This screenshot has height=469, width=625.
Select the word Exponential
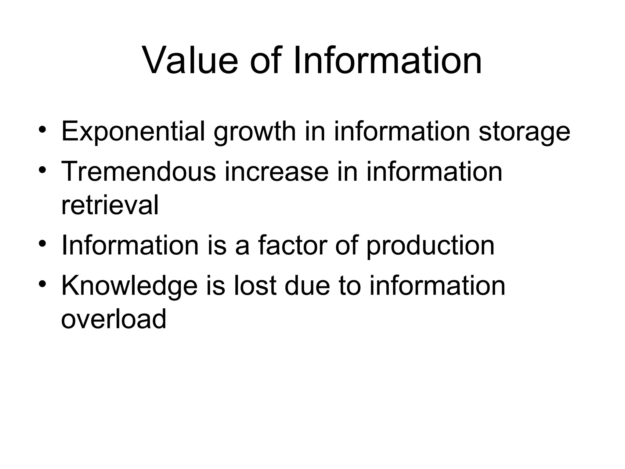click(133, 132)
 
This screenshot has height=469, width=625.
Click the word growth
click(255, 132)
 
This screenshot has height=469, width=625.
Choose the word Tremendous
click(139, 172)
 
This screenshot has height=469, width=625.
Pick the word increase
click(276, 172)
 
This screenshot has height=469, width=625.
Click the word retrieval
click(110, 205)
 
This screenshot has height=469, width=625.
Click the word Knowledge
click(129, 286)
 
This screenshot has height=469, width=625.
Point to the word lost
click(255, 286)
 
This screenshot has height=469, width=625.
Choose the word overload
click(114, 319)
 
